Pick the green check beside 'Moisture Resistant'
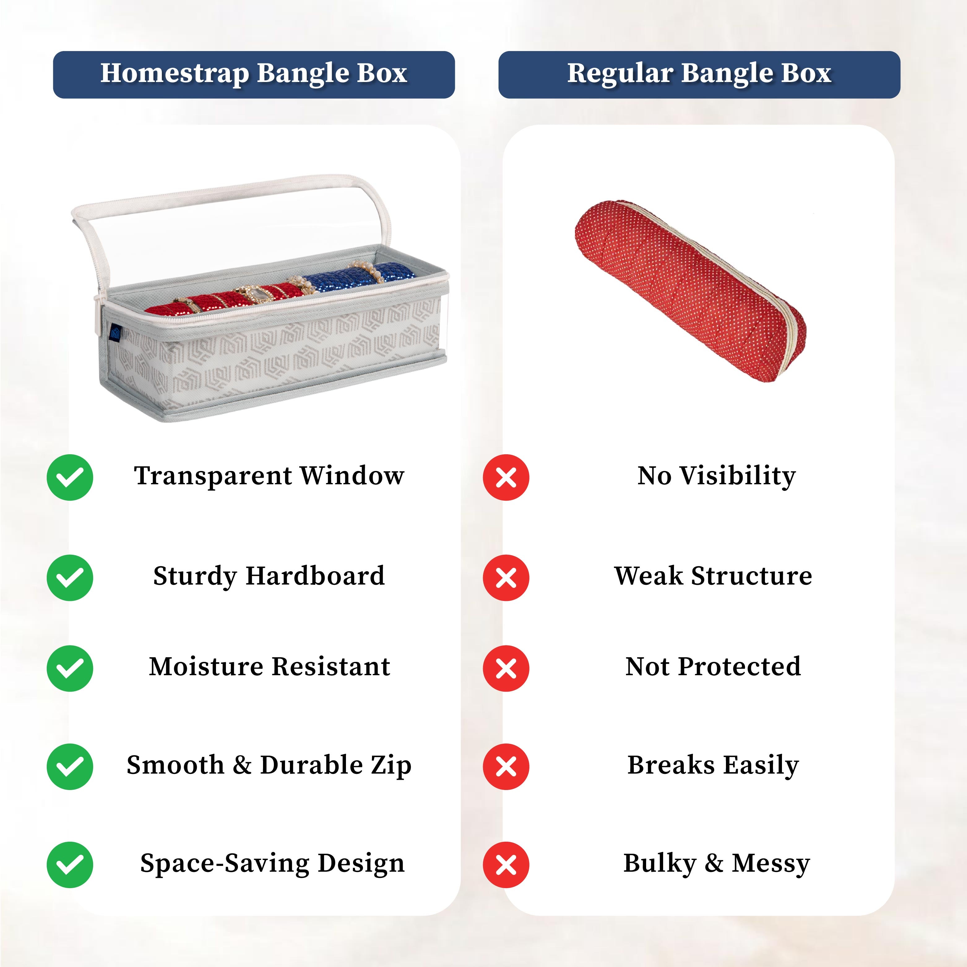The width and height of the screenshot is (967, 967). pyautogui.click(x=70, y=668)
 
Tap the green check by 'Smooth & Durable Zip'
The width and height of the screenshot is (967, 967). pyautogui.click(x=70, y=766)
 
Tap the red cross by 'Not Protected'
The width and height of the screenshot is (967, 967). pyautogui.click(x=506, y=668)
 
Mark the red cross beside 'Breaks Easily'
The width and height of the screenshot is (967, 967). pyautogui.click(x=506, y=766)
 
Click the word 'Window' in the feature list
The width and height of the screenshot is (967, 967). pyautogui.click(x=352, y=476)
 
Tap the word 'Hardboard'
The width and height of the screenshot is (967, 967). pyautogui.click(x=315, y=576)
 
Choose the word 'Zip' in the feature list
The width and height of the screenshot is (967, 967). pyautogui.click(x=391, y=765)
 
